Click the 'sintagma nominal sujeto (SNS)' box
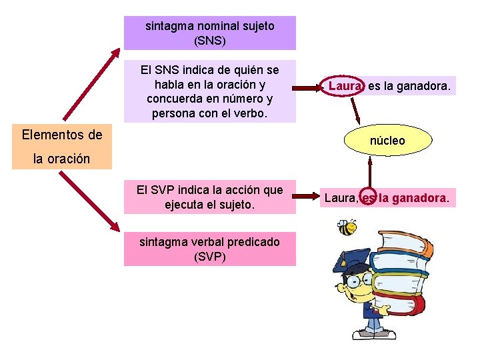tap(209, 33)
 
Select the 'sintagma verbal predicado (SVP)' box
tap(209, 249)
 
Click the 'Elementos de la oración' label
tap(62, 147)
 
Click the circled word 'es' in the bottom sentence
tap(368, 197)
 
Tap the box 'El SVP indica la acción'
tap(209, 197)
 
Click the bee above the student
tap(346, 228)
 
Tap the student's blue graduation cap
tap(354, 259)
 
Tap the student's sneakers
tap(373, 331)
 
